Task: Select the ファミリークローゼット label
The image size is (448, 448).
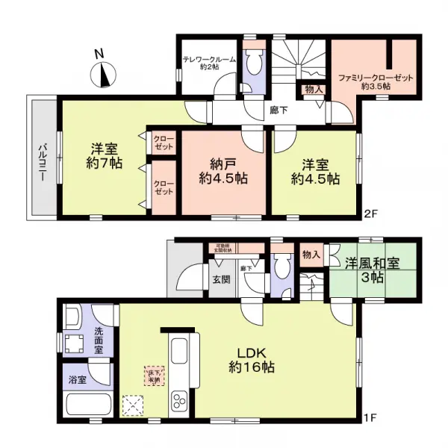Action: (377, 81)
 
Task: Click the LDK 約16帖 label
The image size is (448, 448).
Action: (251, 359)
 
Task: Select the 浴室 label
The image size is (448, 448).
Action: (77, 379)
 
